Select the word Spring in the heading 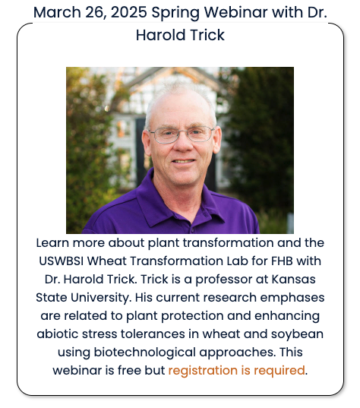click(x=180, y=12)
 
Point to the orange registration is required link click(x=236, y=371)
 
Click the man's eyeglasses click(x=181, y=134)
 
